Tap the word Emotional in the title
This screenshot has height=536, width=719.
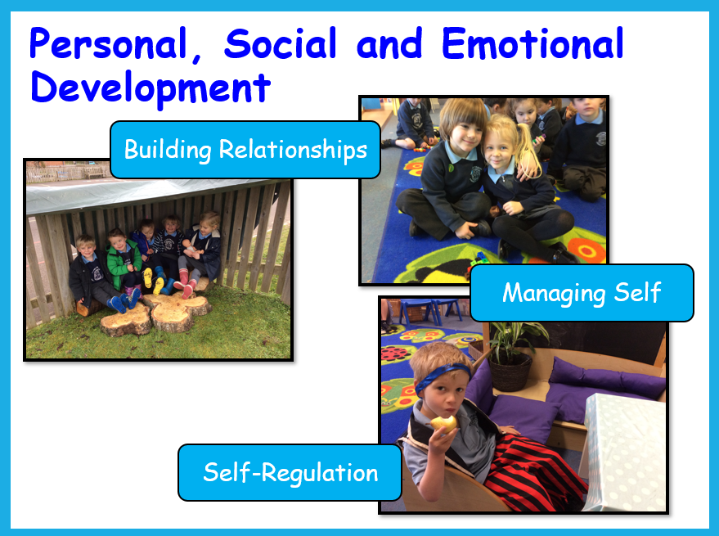[x=533, y=43]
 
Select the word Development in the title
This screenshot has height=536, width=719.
[x=151, y=88]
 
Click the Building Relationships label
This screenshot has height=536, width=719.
[x=245, y=150]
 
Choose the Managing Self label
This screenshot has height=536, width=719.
[x=582, y=293]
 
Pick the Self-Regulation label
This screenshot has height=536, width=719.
[x=290, y=473]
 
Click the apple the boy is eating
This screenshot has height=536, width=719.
[x=445, y=423]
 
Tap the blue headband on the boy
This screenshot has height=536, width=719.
[x=441, y=376]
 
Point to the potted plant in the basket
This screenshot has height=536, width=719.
[x=513, y=355]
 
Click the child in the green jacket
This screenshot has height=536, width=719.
[x=124, y=263]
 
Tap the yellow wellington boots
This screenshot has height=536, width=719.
[x=153, y=281]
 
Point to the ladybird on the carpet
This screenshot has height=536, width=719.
[x=396, y=354]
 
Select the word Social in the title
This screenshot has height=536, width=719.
[x=281, y=43]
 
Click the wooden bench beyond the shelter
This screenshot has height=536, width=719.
[x=93, y=172]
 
